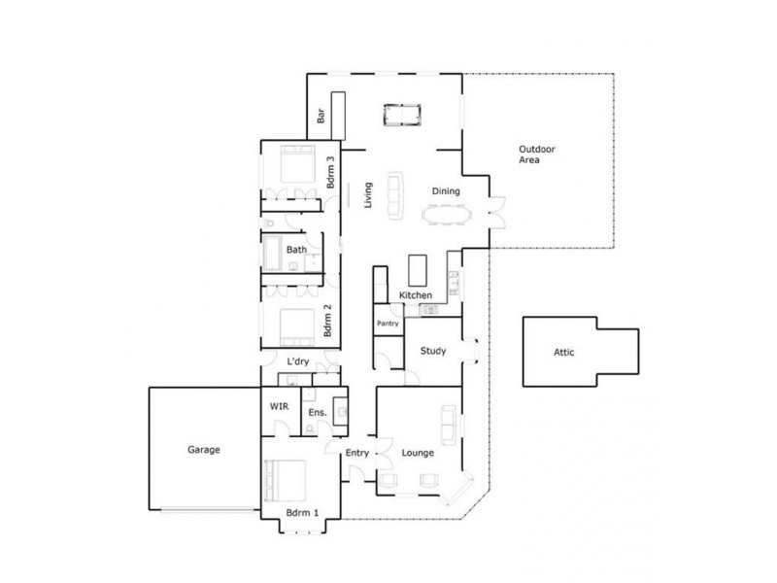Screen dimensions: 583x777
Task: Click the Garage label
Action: pyautogui.click(x=204, y=450)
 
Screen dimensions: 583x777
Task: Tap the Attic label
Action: pyautogui.click(x=564, y=353)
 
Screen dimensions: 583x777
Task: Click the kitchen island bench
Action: pyautogui.click(x=419, y=267)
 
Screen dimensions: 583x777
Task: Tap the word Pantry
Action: pyautogui.click(x=388, y=323)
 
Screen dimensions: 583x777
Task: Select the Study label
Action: pyautogui.click(x=433, y=351)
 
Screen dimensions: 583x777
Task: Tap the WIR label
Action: pyautogui.click(x=278, y=407)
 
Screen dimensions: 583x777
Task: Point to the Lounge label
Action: pyautogui.click(x=417, y=453)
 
